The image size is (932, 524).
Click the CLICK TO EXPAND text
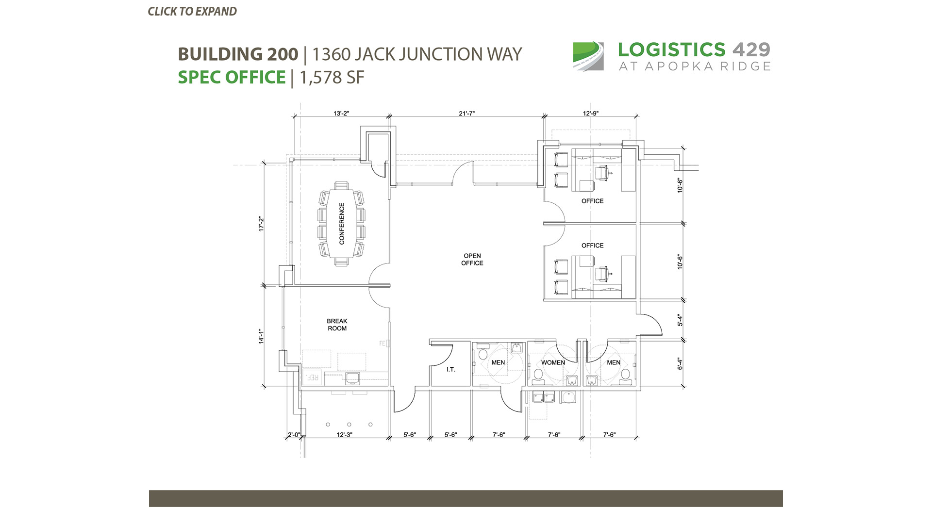pyautogui.click(x=192, y=12)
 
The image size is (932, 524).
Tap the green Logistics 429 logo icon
pyautogui.click(x=588, y=56)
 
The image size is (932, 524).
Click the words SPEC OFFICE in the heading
pyautogui.click(x=232, y=77)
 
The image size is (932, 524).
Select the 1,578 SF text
pyautogui.click(x=332, y=78)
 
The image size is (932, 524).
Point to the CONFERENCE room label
pyautogui.click(x=342, y=224)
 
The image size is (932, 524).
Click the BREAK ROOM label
pyautogui.click(x=337, y=325)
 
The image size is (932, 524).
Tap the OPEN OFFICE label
pyautogui.click(x=472, y=259)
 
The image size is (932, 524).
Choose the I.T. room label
pyautogui.click(x=451, y=370)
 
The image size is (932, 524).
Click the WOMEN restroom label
pyautogui.click(x=553, y=362)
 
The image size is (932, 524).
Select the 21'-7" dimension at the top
pyautogui.click(x=466, y=114)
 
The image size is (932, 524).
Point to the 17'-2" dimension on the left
pyautogui.click(x=261, y=224)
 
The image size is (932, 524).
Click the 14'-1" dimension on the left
pyautogui.click(x=261, y=336)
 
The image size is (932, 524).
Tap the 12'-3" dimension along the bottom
pyautogui.click(x=344, y=435)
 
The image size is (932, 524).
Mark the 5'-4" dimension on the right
pyautogui.click(x=680, y=320)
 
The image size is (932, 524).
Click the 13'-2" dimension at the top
pyautogui.click(x=341, y=114)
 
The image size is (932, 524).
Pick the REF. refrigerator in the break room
pyautogui.click(x=312, y=377)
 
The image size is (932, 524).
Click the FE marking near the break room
pyautogui.click(x=382, y=344)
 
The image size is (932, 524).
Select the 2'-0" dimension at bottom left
pyautogui.click(x=294, y=435)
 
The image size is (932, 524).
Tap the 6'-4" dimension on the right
pyautogui.click(x=680, y=364)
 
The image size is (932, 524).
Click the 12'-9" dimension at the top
pyautogui.click(x=591, y=114)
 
